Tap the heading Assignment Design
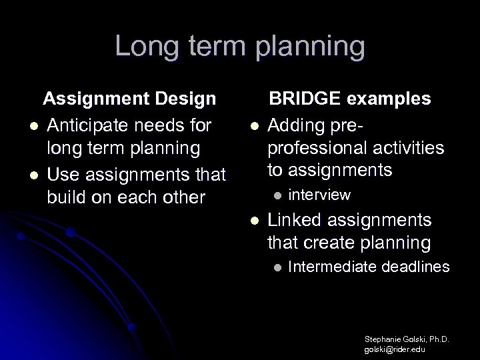(129, 99)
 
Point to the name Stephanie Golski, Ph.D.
(407, 339)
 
